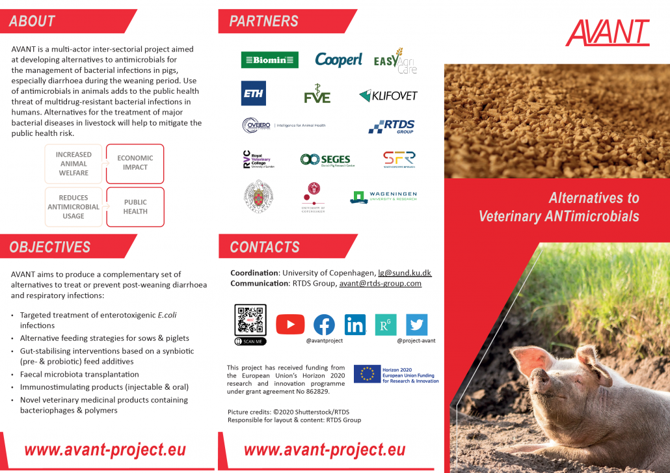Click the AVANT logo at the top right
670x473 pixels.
point(607,33)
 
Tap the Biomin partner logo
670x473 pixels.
point(269,60)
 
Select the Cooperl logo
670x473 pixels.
point(338,60)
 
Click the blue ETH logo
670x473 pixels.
point(253,94)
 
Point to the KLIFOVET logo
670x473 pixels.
point(388,96)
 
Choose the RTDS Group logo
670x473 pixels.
point(392,126)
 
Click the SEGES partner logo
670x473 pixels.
point(327,159)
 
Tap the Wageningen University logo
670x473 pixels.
point(384,196)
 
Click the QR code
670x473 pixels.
point(250,321)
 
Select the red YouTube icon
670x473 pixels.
point(290,324)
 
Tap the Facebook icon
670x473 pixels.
point(324,325)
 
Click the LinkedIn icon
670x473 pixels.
point(355,324)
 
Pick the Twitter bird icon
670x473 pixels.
point(416,324)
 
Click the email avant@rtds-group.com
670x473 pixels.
point(380,283)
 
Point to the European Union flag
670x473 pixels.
point(367,373)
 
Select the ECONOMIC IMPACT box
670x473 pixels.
point(135,163)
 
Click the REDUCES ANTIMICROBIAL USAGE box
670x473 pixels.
point(74,207)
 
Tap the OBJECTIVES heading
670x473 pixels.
point(50,247)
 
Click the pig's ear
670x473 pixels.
point(589,358)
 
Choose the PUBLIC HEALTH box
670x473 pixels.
point(135,207)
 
